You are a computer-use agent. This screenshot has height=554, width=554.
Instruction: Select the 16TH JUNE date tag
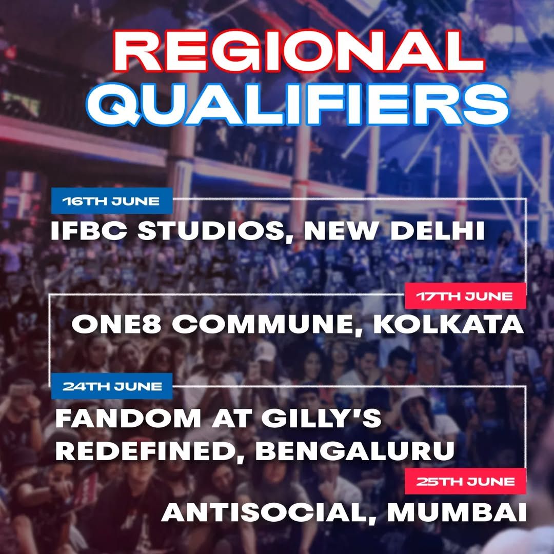click(x=112, y=201)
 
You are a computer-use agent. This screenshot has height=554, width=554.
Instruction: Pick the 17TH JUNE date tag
click(x=465, y=296)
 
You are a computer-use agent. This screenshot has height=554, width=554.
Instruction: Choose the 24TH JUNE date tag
click(x=112, y=386)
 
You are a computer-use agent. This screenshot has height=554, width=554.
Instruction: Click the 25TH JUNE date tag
click(x=465, y=481)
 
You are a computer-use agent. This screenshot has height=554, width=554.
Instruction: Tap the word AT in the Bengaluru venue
click(x=231, y=419)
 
